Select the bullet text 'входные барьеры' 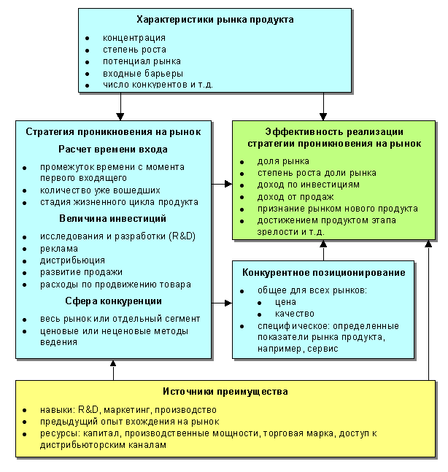pos(142,74)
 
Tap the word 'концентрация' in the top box pos(134,37)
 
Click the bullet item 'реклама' pos(58,248)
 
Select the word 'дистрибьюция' pos(72,260)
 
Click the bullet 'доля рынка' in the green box pos(283,160)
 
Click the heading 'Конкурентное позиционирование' pos(324,273)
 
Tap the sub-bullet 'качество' pos(294,314)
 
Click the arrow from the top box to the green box pos(323,107)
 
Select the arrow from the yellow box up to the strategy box pos(113,370)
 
